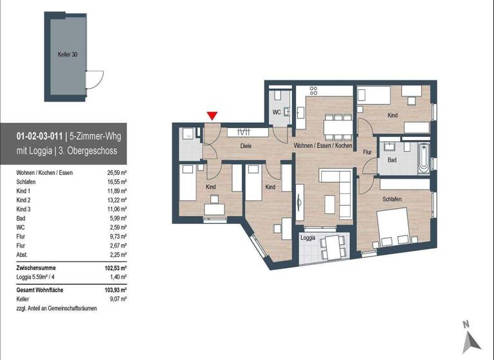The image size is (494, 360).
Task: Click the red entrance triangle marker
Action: click(x=212, y=116)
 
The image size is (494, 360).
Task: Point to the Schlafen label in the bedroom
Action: click(x=392, y=200)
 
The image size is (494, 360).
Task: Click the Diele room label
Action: click(x=246, y=147)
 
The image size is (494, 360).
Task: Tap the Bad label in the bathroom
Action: click(x=392, y=159)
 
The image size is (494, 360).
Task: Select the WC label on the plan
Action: click(x=276, y=112)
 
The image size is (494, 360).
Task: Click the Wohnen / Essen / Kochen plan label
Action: click(x=323, y=147)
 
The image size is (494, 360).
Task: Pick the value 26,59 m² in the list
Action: click(x=116, y=173)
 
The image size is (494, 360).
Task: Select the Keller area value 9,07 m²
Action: click(x=117, y=300)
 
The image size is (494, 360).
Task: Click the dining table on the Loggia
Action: click(x=332, y=246)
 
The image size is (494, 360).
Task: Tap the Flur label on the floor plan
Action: click(x=367, y=152)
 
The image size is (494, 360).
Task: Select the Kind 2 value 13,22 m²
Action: click(x=116, y=200)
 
